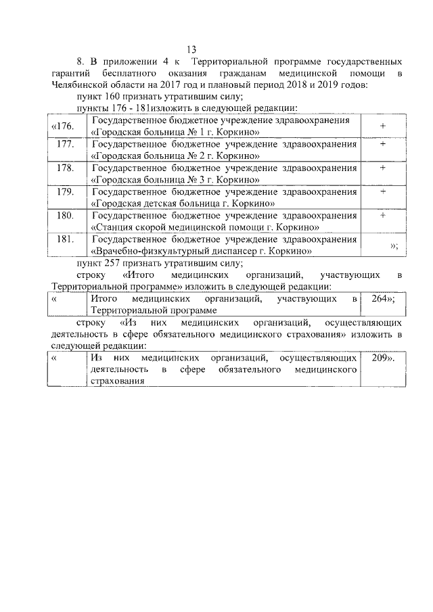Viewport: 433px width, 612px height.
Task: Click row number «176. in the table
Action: pyautogui.click(x=63, y=126)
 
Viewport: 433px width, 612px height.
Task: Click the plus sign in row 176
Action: pyautogui.click(x=383, y=126)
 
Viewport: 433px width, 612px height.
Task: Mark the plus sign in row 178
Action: pyautogui.click(x=383, y=168)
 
